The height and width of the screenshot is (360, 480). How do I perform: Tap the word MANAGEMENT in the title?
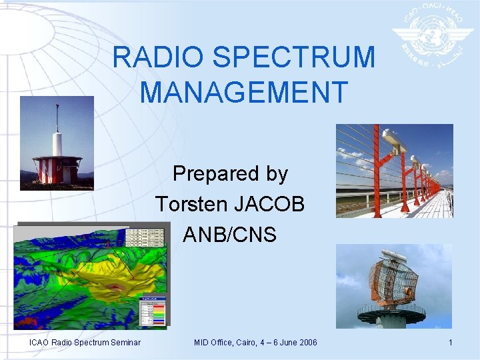pyautogui.click(x=244, y=93)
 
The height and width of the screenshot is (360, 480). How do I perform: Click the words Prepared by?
pyautogui.click(x=230, y=174)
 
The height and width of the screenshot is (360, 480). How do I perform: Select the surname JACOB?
pyautogui.click(x=273, y=204)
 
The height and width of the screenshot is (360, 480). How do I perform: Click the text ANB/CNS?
pyautogui.click(x=230, y=235)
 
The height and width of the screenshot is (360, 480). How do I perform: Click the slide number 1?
pyautogui.click(x=451, y=343)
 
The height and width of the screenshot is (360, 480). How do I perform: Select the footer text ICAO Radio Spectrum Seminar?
pyautogui.click(x=85, y=343)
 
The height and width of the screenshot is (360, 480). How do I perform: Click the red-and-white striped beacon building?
pyautogui.click(x=57, y=170)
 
